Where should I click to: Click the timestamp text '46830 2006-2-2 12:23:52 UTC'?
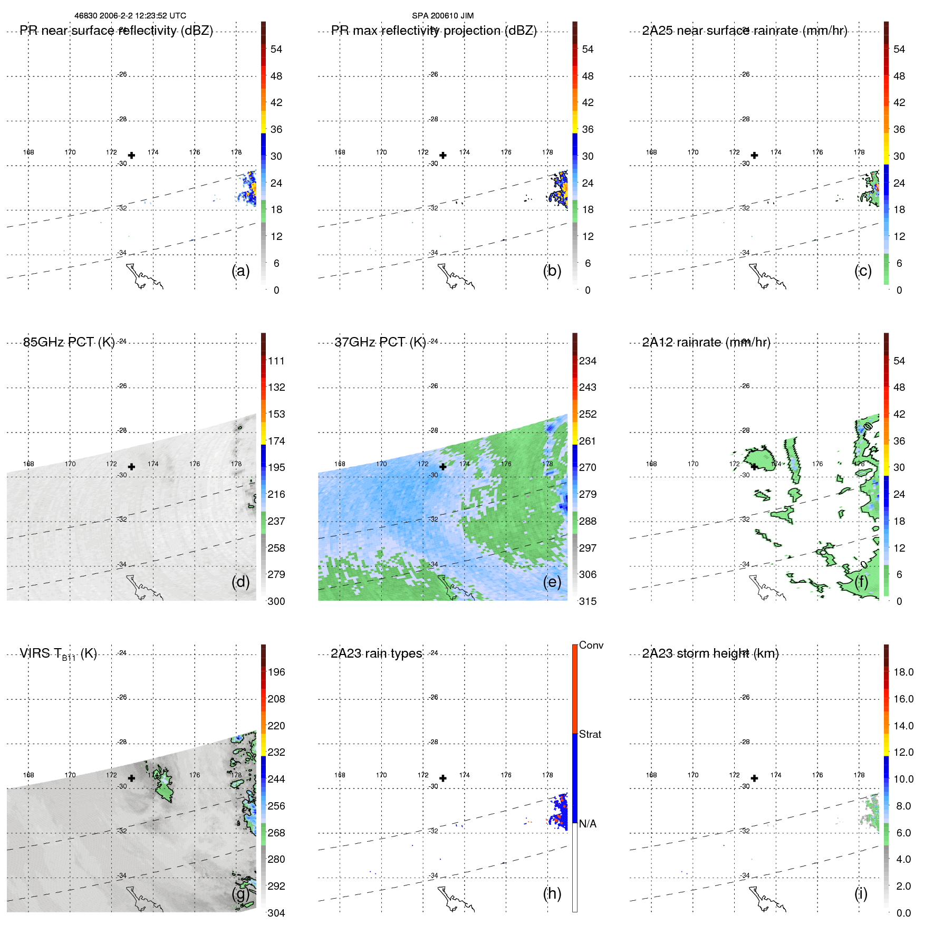130,16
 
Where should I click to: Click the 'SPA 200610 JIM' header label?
442,16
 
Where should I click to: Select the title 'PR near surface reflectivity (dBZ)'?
116,31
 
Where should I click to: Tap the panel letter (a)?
240,271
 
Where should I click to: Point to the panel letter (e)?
552,582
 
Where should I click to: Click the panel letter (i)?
861,893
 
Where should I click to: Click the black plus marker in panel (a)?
131,155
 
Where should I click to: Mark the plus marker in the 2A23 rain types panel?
443,778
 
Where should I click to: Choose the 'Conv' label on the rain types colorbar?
591,645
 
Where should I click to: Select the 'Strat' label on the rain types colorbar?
590,734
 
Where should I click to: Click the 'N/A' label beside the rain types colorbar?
588,824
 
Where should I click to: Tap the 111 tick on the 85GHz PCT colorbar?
276,361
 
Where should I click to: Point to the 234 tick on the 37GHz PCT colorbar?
588,361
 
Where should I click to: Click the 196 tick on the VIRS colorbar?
276,672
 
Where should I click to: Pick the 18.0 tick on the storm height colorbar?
903,672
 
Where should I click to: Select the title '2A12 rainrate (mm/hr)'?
706,342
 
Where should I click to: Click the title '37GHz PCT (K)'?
380,342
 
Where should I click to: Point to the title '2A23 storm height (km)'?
710,653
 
